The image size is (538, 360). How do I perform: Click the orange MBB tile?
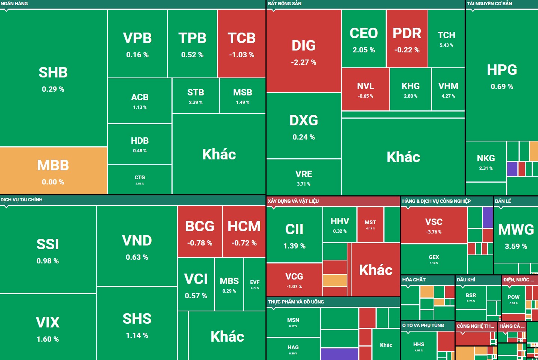(53, 171)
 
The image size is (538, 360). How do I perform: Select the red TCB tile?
(241, 43)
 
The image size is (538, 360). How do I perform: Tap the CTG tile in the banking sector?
(140, 179)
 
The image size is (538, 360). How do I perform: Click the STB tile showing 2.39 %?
(195, 95)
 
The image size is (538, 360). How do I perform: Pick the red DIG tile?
(304, 51)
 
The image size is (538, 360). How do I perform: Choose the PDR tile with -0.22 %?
(407, 39)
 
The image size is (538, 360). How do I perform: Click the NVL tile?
(365, 89)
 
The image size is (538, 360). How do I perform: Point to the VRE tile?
(304, 177)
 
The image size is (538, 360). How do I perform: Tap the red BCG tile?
(200, 231)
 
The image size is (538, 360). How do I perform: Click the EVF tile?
(255, 284)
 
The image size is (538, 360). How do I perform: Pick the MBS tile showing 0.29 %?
(229, 284)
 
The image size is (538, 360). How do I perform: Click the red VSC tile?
(434, 225)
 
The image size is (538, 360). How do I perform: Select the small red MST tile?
(370, 225)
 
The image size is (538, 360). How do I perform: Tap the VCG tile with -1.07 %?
(294, 280)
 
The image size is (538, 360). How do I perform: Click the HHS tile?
(419, 346)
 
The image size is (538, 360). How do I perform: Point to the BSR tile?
(471, 297)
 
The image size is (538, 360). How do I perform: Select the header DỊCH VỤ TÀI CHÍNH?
(21, 200)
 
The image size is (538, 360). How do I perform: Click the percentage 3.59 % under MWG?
(516, 247)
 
